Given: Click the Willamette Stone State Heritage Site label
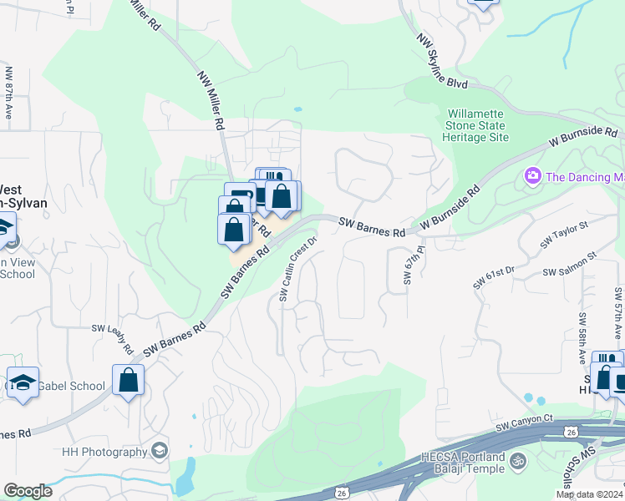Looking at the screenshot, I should (477, 125).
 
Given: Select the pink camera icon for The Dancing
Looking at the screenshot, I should (531, 176).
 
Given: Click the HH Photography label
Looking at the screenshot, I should (104, 452).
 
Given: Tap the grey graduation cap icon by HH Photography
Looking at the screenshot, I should (158, 452).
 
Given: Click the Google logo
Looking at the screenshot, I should (28, 491).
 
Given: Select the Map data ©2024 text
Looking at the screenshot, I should (589, 494).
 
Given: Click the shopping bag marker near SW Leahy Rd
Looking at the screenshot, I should (129, 380).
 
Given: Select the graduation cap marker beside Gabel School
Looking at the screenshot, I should (23, 382).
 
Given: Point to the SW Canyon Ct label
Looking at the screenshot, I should (524, 427).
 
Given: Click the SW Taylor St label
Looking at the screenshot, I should (564, 234).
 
